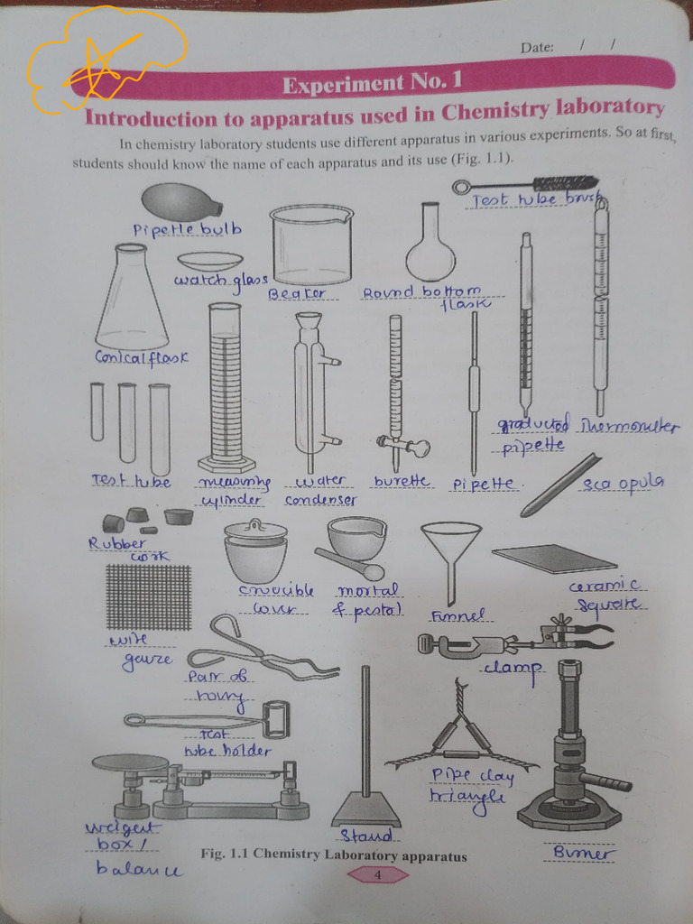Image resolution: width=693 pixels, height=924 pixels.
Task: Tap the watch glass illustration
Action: (209, 261)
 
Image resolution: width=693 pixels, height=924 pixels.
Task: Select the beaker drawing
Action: (311, 245)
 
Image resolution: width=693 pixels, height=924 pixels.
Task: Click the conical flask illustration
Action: (132, 302)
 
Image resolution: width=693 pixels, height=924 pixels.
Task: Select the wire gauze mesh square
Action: (148, 596)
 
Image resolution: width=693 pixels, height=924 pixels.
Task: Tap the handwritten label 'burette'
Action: (402, 482)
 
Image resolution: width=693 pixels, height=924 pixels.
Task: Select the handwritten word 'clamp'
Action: (512, 669)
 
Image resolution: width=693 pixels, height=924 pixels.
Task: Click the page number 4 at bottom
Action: (377, 874)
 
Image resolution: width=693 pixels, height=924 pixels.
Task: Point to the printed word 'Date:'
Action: (537, 48)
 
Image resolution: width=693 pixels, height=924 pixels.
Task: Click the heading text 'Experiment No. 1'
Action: (372, 84)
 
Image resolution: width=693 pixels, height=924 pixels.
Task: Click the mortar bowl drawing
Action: (356, 538)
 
